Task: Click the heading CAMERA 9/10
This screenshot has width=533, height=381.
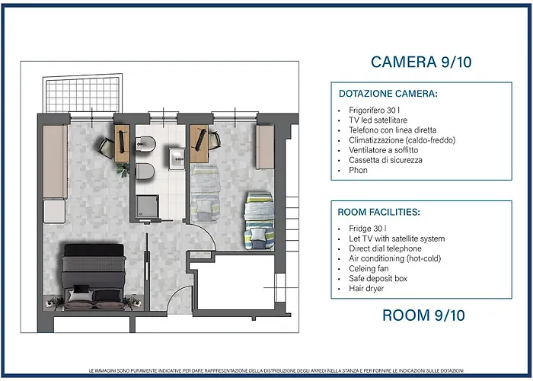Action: click(x=421, y=62)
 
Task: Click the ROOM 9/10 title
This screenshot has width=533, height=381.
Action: click(x=423, y=315)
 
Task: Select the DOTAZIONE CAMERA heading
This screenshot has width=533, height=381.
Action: click(x=388, y=94)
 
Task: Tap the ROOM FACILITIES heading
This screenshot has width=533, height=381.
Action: click(x=379, y=212)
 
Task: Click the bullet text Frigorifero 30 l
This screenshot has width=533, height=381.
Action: click(x=375, y=110)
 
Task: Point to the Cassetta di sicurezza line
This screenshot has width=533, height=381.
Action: click(x=385, y=160)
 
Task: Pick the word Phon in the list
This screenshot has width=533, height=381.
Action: click(x=358, y=170)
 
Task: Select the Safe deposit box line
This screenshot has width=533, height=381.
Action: click(x=378, y=278)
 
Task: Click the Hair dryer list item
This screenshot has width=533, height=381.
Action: click(x=366, y=289)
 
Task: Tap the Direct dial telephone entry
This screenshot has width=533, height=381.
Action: click(x=385, y=248)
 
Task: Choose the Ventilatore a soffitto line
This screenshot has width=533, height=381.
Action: click(x=384, y=150)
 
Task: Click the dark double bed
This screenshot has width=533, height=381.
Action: click(x=94, y=277)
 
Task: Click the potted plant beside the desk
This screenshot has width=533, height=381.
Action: click(x=123, y=169)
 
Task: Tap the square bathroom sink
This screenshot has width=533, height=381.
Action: click(x=177, y=158)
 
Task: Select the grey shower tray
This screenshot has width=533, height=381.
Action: click(x=147, y=207)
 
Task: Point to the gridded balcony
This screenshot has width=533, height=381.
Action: click(x=82, y=94)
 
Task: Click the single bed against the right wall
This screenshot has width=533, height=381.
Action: click(x=259, y=221)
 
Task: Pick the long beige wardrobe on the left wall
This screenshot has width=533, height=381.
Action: click(x=55, y=162)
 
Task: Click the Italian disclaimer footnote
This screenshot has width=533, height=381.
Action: click(x=276, y=370)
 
